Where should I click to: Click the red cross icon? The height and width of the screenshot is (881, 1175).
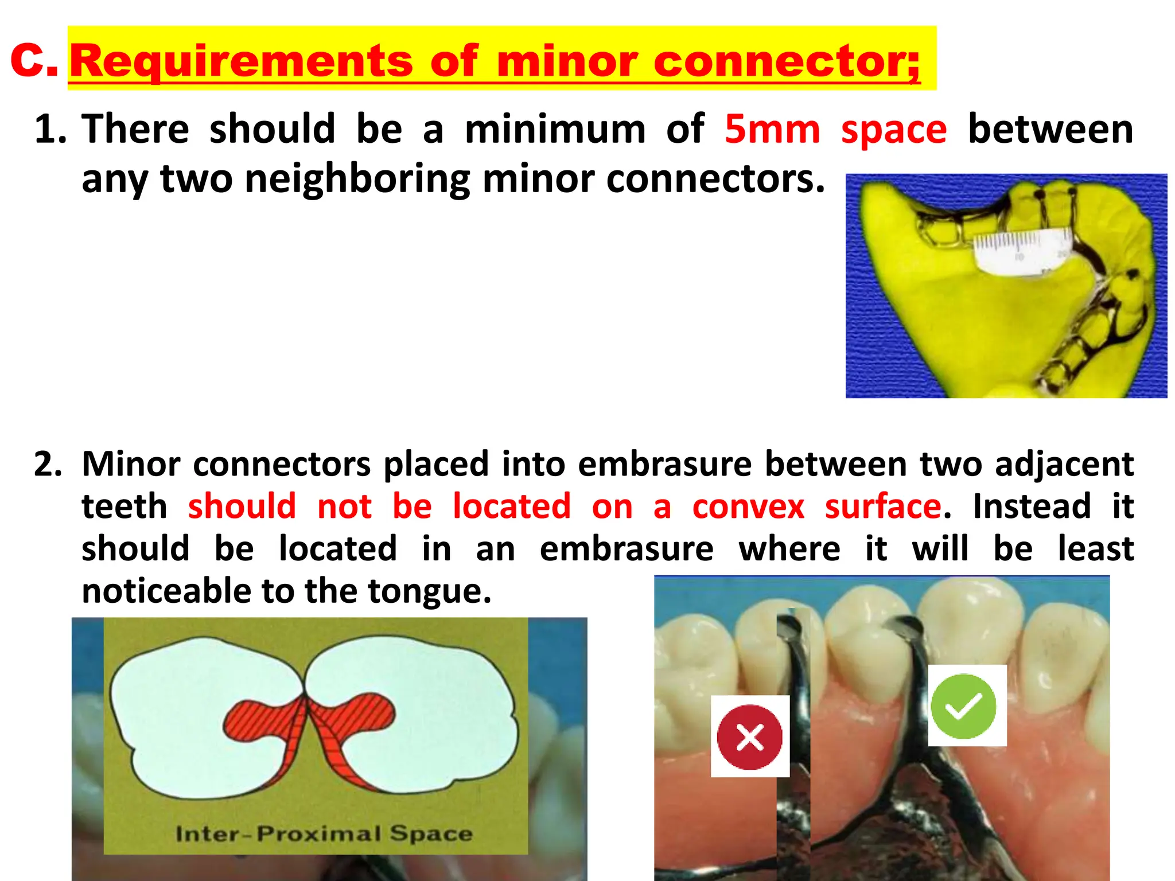click(749, 737)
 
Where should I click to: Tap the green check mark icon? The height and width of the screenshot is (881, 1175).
click(963, 706)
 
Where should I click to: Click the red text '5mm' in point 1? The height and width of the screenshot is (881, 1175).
click(772, 129)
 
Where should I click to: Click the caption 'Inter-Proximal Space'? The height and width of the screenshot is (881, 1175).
click(324, 833)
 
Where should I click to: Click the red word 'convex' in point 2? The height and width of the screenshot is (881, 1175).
click(748, 506)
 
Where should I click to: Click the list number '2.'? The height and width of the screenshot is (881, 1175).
click(48, 464)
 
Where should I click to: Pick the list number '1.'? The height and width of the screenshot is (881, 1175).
click(50, 129)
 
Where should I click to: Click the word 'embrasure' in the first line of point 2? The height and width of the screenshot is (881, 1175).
click(664, 464)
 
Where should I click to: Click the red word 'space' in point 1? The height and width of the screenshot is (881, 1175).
click(894, 129)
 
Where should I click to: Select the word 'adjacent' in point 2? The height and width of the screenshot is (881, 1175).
click(1064, 464)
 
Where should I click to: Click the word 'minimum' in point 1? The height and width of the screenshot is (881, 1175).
click(555, 129)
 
